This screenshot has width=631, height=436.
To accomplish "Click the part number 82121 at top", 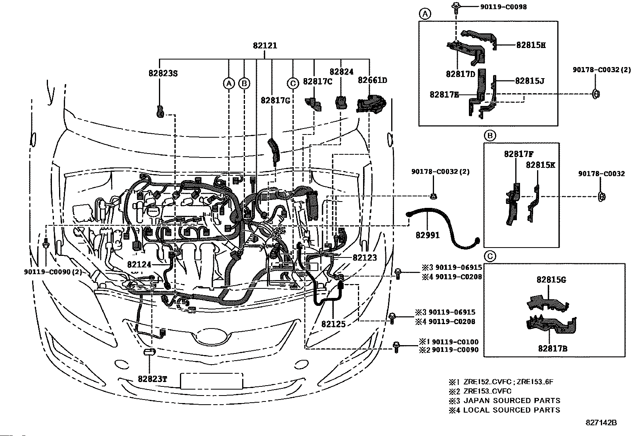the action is click(265, 45).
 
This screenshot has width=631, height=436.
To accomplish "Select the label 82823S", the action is click(163, 73).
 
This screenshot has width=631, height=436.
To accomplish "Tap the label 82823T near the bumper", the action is click(152, 379).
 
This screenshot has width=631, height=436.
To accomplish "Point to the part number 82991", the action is click(428, 235).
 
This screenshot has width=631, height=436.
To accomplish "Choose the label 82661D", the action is click(373, 81).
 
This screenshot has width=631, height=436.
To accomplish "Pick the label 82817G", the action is click(275, 100).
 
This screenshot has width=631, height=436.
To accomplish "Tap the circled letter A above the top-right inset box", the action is click(425, 13).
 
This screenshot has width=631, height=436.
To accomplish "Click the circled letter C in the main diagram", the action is click(293, 83).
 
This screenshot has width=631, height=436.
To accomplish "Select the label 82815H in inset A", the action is click(531, 45).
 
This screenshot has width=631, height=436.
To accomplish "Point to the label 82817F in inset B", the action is click(519, 154).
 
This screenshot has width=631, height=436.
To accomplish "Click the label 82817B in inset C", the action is click(553, 349).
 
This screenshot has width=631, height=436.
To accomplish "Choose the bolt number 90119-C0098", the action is click(503, 7).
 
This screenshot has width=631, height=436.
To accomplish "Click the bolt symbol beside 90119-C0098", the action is click(456, 8).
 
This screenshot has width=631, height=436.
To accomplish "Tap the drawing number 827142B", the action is click(601, 423).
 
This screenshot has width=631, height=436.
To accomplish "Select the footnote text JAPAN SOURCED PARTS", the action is click(512, 400).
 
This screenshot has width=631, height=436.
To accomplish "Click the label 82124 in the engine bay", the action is click(139, 265).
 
